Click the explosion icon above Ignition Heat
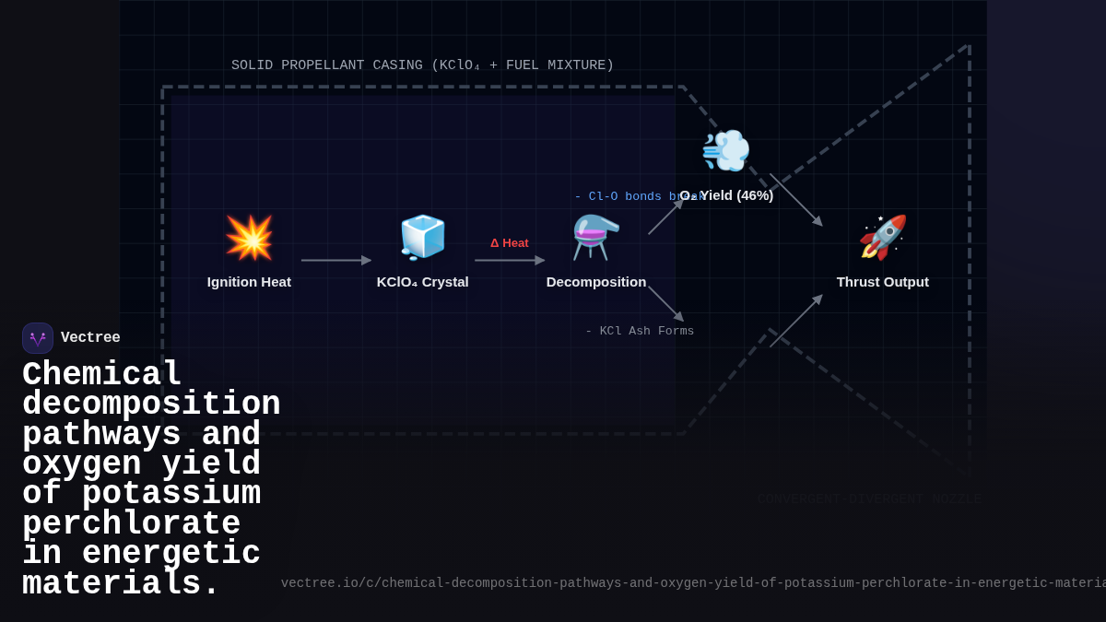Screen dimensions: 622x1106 tap(249, 238)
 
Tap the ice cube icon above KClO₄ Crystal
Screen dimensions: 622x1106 tap(422, 238)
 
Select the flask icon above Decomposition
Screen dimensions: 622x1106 tap(595, 238)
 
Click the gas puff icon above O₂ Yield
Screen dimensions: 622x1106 tap(725, 150)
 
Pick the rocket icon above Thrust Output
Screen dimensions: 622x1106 tap(882, 238)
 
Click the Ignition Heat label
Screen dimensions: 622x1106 tap(249, 282)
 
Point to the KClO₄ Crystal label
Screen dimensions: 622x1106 tap(422, 282)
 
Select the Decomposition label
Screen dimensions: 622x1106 tap(595, 282)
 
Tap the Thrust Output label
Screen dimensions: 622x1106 tap(882, 282)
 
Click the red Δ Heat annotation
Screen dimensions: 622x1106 tap(509, 243)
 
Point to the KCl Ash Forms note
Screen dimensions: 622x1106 tap(640, 332)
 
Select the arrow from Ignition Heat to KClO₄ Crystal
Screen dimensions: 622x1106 tap(335, 261)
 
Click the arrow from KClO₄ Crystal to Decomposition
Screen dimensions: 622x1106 tap(509, 261)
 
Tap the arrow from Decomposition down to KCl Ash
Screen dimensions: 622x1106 tap(665, 303)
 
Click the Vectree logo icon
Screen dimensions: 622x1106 tap(38, 338)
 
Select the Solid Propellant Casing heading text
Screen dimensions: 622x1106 tap(422, 65)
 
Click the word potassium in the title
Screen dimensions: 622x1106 tap(171, 495)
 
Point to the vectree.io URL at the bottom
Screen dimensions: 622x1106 tap(691, 583)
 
